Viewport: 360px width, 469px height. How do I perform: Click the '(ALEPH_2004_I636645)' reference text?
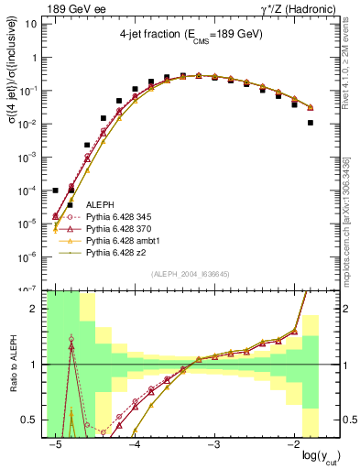pos(182,273)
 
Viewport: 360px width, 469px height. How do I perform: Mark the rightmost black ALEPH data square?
pos(311,123)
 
